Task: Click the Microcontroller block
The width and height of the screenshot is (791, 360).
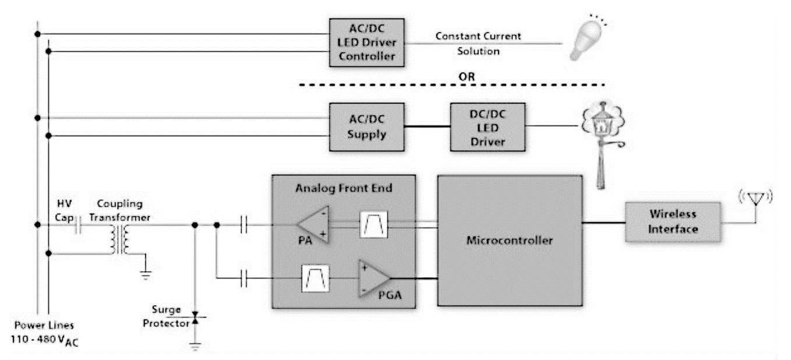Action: [x=509, y=239]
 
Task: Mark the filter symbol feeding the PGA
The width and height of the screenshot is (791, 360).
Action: [x=315, y=278]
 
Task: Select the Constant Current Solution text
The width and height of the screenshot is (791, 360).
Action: [x=478, y=44]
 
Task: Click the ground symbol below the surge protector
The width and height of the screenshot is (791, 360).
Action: [x=195, y=345]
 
